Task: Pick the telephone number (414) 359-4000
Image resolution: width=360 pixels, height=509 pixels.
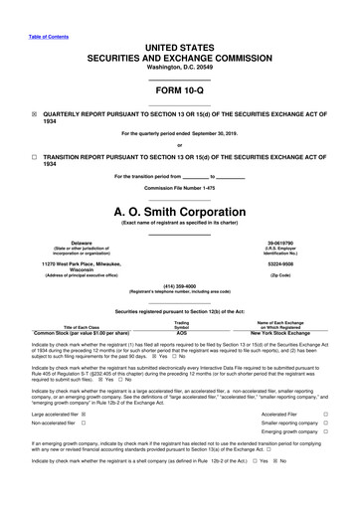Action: pyautogui.click(x=180, y=286)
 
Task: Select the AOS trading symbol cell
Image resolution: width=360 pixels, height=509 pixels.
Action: pyautogui.click(x=181, y=333)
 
